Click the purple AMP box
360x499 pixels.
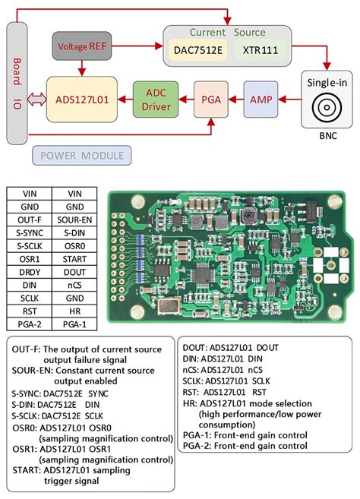pos(261,99)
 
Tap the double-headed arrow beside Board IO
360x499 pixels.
pos(36,99)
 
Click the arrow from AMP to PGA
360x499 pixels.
pos(235,99)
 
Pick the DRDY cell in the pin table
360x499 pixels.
pos(29,272)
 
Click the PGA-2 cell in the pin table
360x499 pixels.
pos(29,324)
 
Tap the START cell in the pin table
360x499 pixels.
pos(74,259)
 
